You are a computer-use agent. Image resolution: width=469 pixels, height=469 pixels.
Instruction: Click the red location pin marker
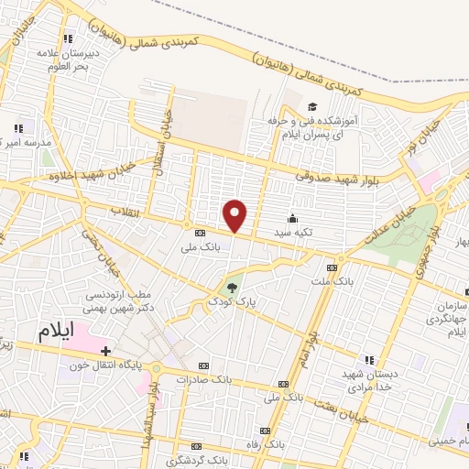pos(235,214)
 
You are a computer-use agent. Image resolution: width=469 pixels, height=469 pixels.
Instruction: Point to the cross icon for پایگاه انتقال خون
pos(106,351)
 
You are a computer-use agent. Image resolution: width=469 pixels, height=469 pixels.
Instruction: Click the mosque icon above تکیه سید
pos(292,218)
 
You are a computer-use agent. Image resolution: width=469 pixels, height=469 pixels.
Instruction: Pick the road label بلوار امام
pos(311,344)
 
